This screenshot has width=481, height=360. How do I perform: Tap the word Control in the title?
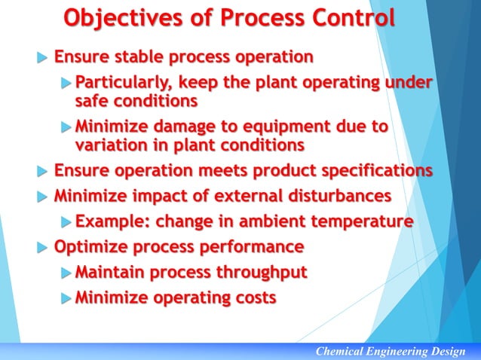(x=348, y=19)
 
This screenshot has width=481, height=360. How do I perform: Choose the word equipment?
(x=289, y=127)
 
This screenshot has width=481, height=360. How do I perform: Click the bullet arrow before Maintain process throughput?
(x=66, y=273)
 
